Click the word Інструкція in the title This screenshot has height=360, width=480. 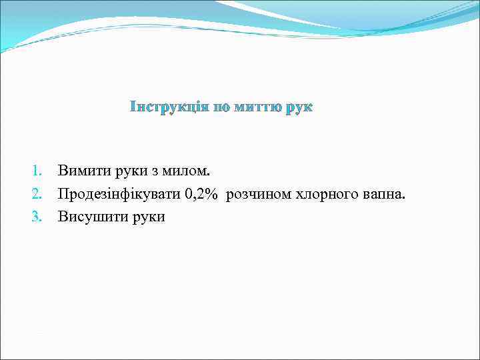coord(168,107)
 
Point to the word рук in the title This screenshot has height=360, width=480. coord(299,107)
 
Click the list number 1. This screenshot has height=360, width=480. coord(37,171)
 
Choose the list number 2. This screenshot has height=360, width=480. coord(37,194)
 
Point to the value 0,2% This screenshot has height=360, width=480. coord(202,194)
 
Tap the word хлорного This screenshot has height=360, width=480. coord(323,195)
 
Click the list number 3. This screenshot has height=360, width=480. coord(37,217)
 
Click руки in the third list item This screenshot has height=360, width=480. coord(144,217)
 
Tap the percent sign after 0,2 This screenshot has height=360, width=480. coord(212,194)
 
